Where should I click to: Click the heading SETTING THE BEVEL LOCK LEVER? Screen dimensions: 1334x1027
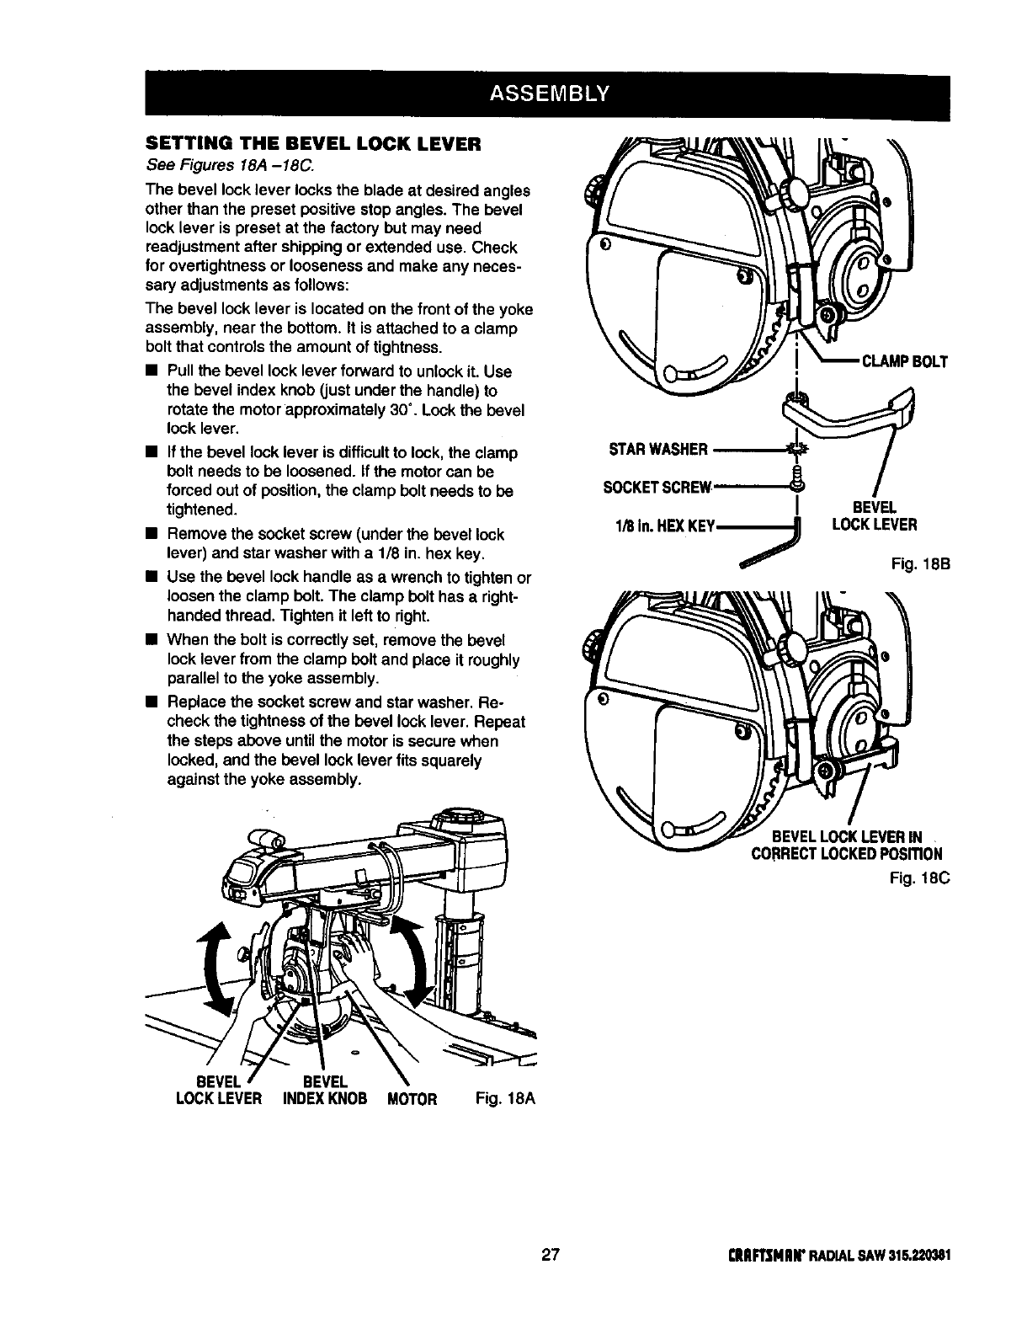tap(312, 143)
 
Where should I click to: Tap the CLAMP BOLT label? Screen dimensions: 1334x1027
tap(902, 361)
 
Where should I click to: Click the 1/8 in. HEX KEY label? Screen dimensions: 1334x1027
tap(664, 526)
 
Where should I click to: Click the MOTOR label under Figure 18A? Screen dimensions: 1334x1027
tap(412, 1098)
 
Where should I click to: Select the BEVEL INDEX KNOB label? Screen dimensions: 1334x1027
tap(321, 1090)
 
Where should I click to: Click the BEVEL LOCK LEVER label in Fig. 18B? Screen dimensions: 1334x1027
tap(874, 515)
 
